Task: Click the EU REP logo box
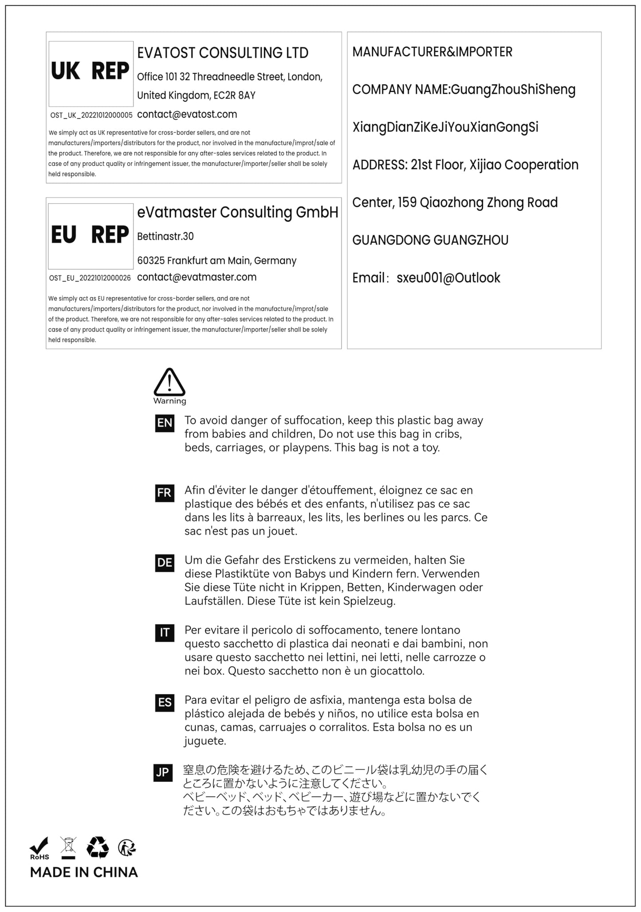[90, 236]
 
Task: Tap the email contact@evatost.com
[187, 115]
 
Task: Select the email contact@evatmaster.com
[197, 278]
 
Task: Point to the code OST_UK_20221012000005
[91, 115]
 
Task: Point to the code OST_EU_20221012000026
[90, 278]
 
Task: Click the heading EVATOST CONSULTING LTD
[223, 53]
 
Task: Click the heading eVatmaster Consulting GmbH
[238, 213]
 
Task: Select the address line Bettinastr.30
[165, 237]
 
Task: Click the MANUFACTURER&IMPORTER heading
[432, 52]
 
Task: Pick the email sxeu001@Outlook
[448, 278]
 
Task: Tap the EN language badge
[165, 423]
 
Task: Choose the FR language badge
[165, 493]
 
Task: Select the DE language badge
[165, 563]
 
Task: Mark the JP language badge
[163, 773]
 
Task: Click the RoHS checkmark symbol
[39, 849]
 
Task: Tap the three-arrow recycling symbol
[98, 847]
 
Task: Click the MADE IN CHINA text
[84, 872]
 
